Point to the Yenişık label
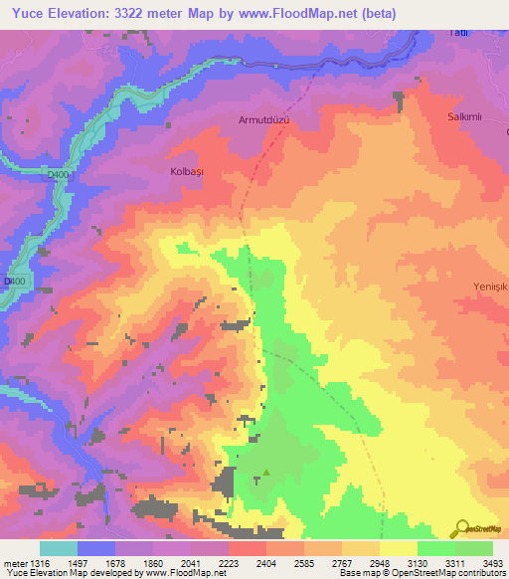(489, 287)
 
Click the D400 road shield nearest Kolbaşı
(60, 175)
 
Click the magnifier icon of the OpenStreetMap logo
(460, 527)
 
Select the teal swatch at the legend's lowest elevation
(58, 549)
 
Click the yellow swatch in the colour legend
(398, 549)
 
